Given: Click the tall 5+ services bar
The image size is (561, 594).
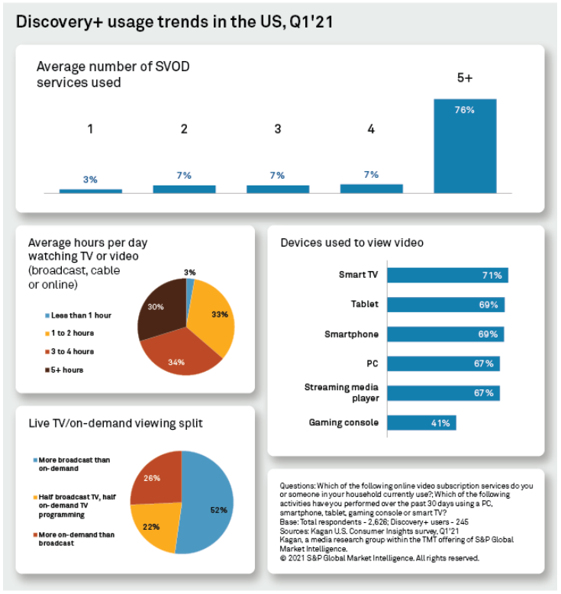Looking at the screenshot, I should tap(465, 145).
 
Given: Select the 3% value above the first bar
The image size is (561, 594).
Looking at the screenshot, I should tap(90, 179).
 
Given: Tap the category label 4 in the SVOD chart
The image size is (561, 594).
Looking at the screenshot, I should tap(371, 129).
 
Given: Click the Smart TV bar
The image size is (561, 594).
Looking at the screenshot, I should tap(447, 276).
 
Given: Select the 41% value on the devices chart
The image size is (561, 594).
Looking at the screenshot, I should tap(441, 422).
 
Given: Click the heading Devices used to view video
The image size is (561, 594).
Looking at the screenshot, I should tap(352, 243).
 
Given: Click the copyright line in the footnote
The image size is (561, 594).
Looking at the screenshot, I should tap(379, 558).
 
